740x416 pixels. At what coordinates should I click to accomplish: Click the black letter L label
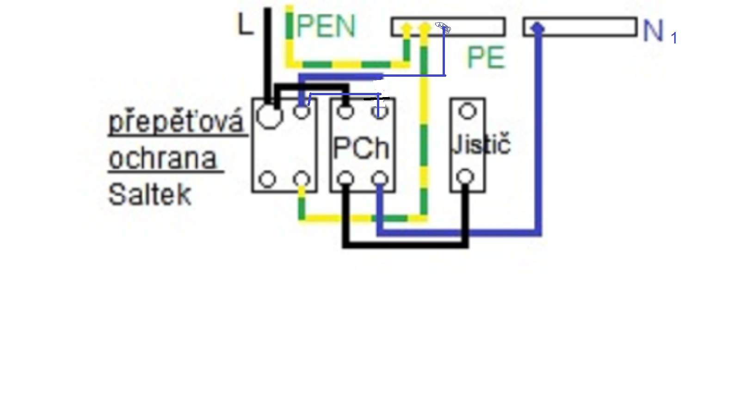[x=245, y=25]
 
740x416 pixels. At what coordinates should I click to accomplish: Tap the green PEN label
[x=327, y=26]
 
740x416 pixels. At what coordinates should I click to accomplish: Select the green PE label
[x=486, y=57]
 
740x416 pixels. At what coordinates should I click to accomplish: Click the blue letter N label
[x=653, y=31]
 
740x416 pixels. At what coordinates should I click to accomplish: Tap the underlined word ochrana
[x=162, y=159]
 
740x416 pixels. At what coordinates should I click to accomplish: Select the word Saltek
[x=150, y=195]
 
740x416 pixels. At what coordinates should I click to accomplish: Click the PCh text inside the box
[x=361, y=148]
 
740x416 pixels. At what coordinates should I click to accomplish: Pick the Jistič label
[x=481, y=144]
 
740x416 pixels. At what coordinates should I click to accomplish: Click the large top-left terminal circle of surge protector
[x=270, y=116]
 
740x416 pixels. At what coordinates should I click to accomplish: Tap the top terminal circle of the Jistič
[x=468, y=111]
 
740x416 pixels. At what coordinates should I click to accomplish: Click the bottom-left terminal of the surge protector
[x=268, y=180]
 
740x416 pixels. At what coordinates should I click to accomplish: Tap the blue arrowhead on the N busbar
[x=538, y=28]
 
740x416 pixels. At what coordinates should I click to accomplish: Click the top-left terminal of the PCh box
[x=345, y=112]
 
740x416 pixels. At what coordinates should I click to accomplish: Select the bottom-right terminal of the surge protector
[x=302, y=180]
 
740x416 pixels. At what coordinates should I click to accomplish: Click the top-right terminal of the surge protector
[x=302, y=111]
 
